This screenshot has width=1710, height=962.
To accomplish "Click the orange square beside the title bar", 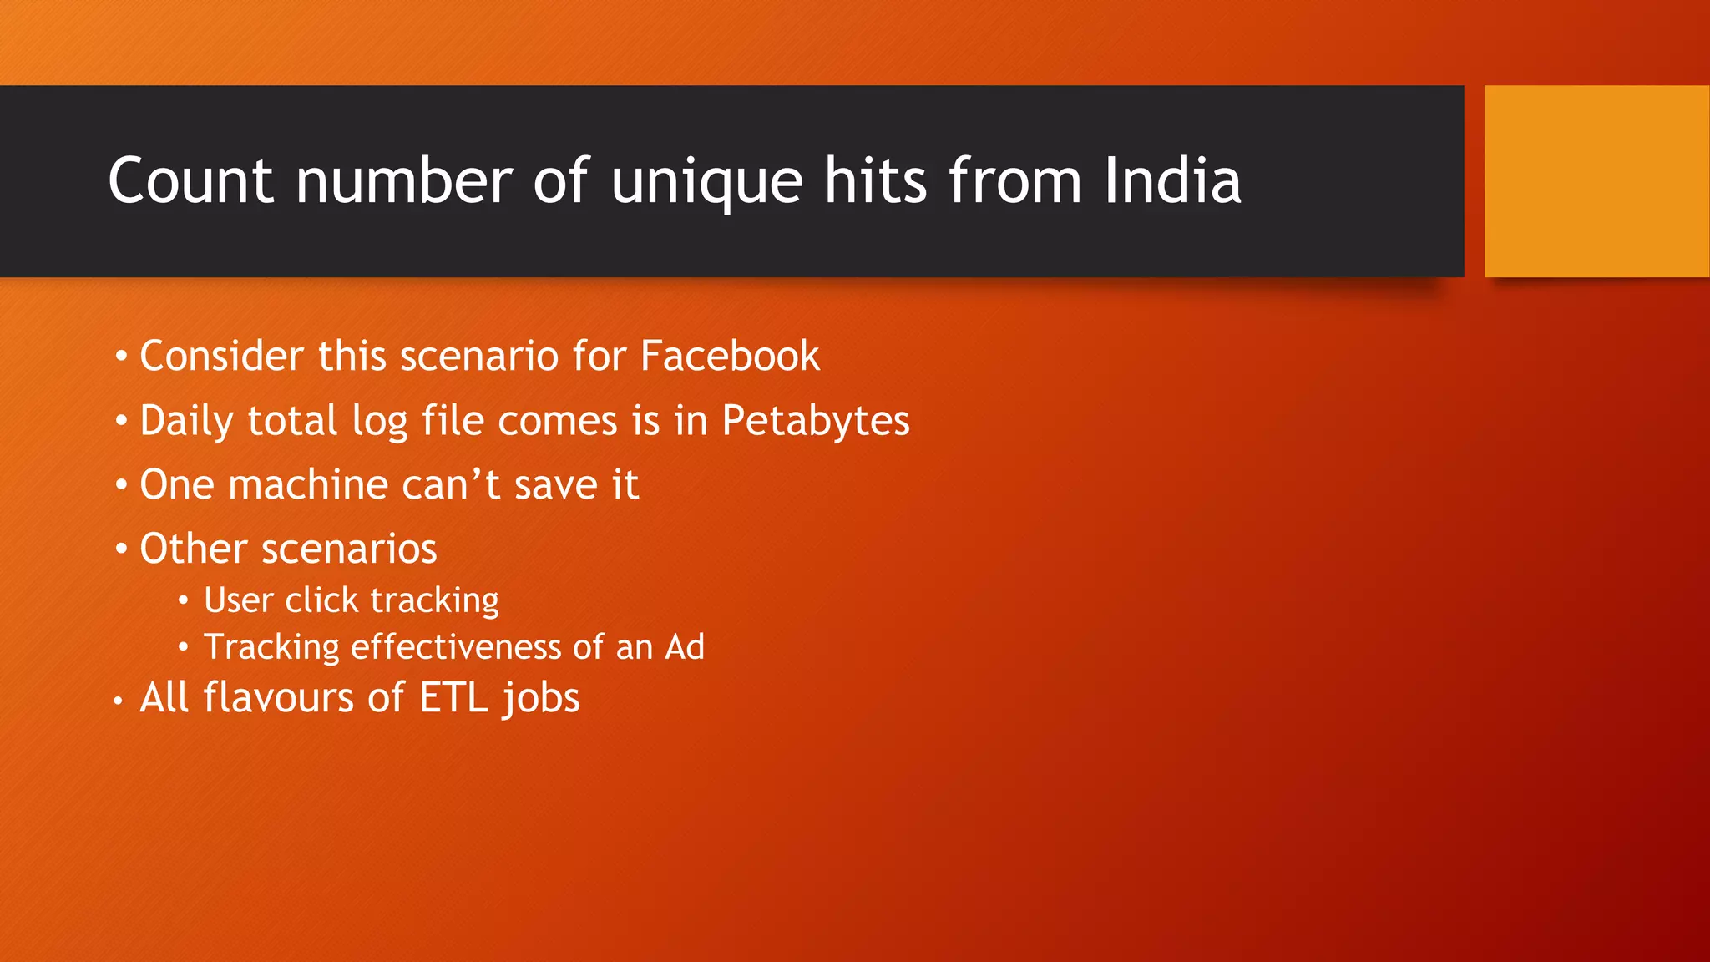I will point(1596,181).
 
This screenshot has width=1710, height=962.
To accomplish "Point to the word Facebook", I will point(730,356).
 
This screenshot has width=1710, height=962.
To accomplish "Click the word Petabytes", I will point(815,421).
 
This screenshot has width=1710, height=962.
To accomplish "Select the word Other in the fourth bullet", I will point(194,549).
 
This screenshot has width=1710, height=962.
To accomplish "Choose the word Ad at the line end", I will point(685,647).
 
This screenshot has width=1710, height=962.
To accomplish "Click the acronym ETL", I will point(453,698).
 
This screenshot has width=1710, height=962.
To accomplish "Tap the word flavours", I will point(279,698).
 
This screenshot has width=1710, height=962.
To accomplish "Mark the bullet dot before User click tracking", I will point(184,600).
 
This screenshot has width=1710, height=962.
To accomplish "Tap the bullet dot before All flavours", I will point(119,701).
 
